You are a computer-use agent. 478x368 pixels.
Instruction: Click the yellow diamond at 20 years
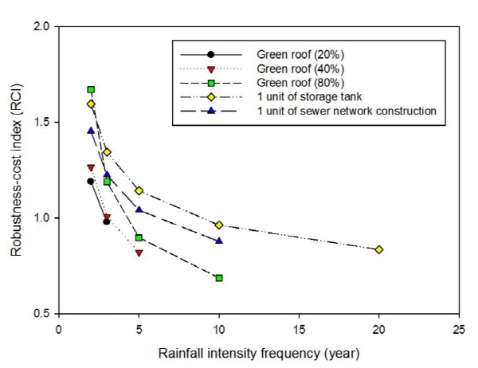tap(379, 249)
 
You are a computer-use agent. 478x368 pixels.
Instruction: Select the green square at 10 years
tap(219, 278)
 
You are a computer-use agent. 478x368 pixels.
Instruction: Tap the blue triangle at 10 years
tap(219, 240)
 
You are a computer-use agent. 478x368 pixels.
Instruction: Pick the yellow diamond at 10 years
tap(219, 225)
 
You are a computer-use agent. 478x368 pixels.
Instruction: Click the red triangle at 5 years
tap(139, 253)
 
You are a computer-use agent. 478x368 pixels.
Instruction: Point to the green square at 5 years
tap(139, 238)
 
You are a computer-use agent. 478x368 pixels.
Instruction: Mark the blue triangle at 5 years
tap(139, 209)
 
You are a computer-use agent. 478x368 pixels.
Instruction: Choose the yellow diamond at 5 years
tap(139, 191)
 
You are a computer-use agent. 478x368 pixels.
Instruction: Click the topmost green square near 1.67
tap(91, 89)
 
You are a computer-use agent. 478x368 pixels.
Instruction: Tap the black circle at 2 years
tap(91, 182)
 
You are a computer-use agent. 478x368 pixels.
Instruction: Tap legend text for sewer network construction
tap(346, 111)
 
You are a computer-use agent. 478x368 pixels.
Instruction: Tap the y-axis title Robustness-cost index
tap(16, 170)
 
